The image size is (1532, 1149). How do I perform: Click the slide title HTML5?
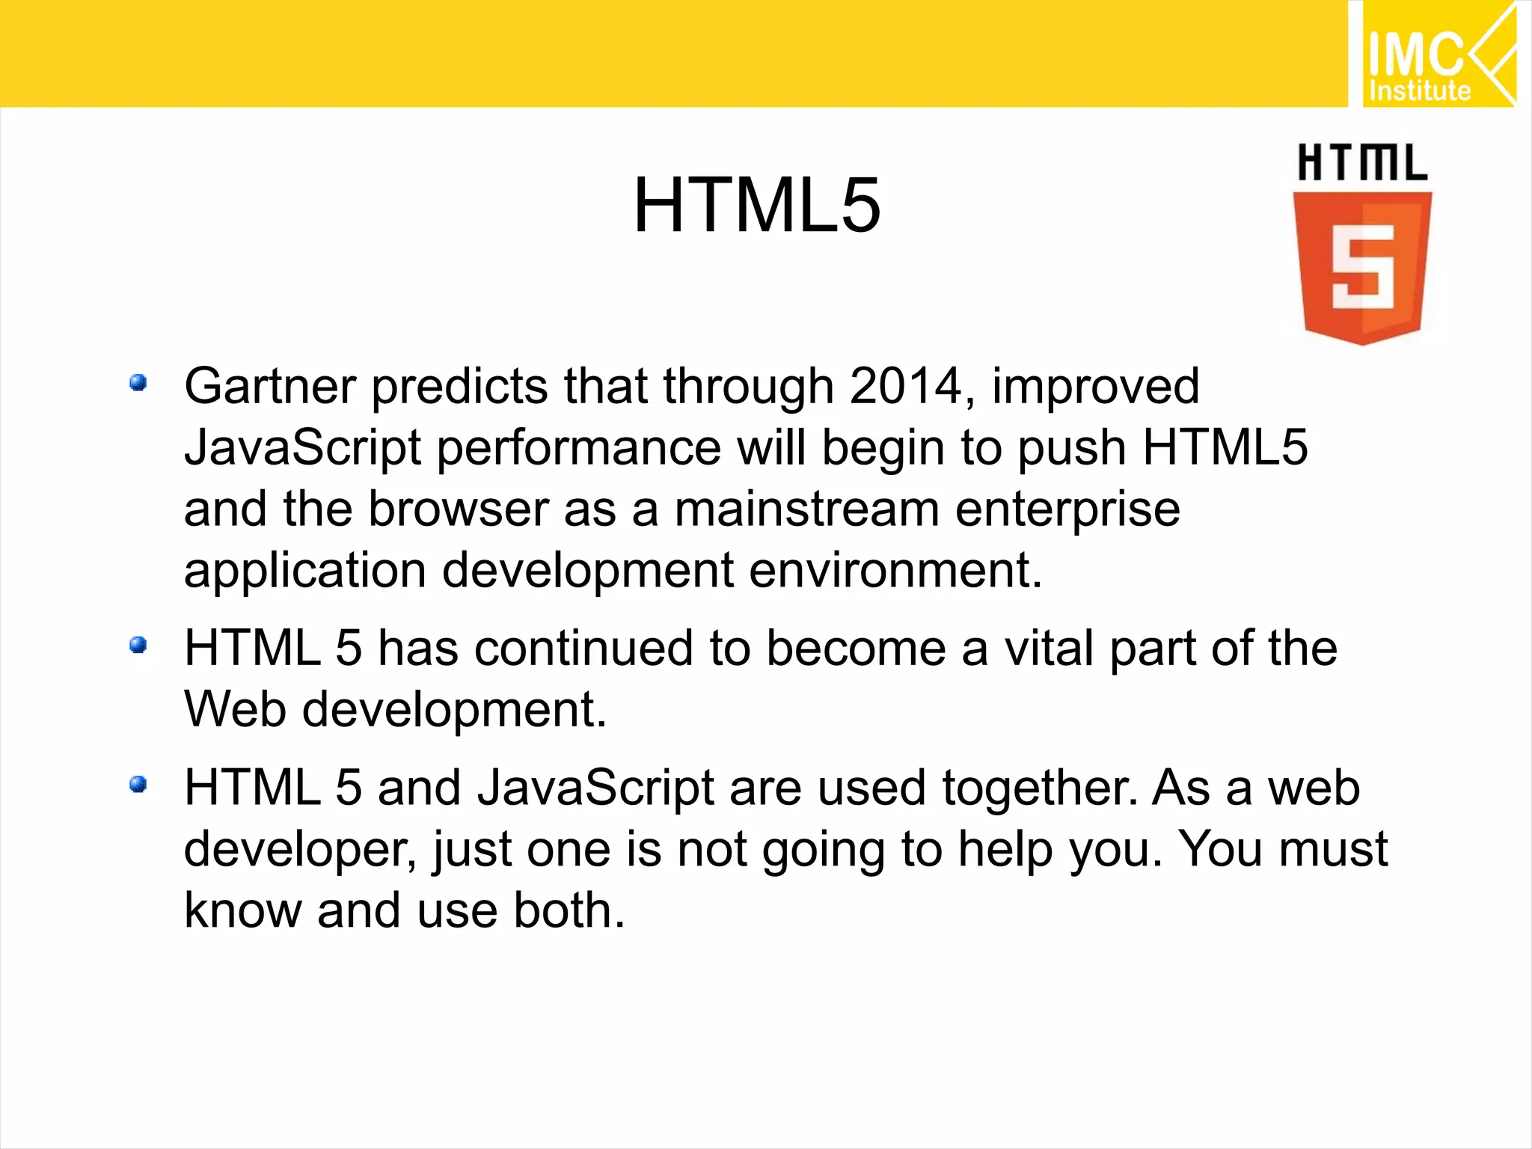(x=756, y=206)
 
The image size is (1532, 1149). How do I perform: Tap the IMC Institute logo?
(x=1437, y=54)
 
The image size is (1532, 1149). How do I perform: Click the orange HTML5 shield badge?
(x=1362, y=267)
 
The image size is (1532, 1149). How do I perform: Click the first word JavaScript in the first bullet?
(x=303, y=448)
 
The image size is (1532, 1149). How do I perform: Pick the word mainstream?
(x=807, y=509)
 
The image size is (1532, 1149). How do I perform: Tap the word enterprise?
(x=1067, y=511)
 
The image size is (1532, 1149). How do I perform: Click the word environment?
(x=895, y=571)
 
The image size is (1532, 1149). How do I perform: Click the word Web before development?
(x=235, y=709)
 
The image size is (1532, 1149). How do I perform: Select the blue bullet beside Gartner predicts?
(x=138, y=383)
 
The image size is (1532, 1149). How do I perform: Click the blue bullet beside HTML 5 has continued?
(x=138, y=644)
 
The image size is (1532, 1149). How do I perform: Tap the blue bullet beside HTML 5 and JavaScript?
(x=138, y=784)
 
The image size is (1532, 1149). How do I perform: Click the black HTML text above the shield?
(x=1362, y=163)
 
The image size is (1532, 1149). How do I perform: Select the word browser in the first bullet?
(x=459, y=509)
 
